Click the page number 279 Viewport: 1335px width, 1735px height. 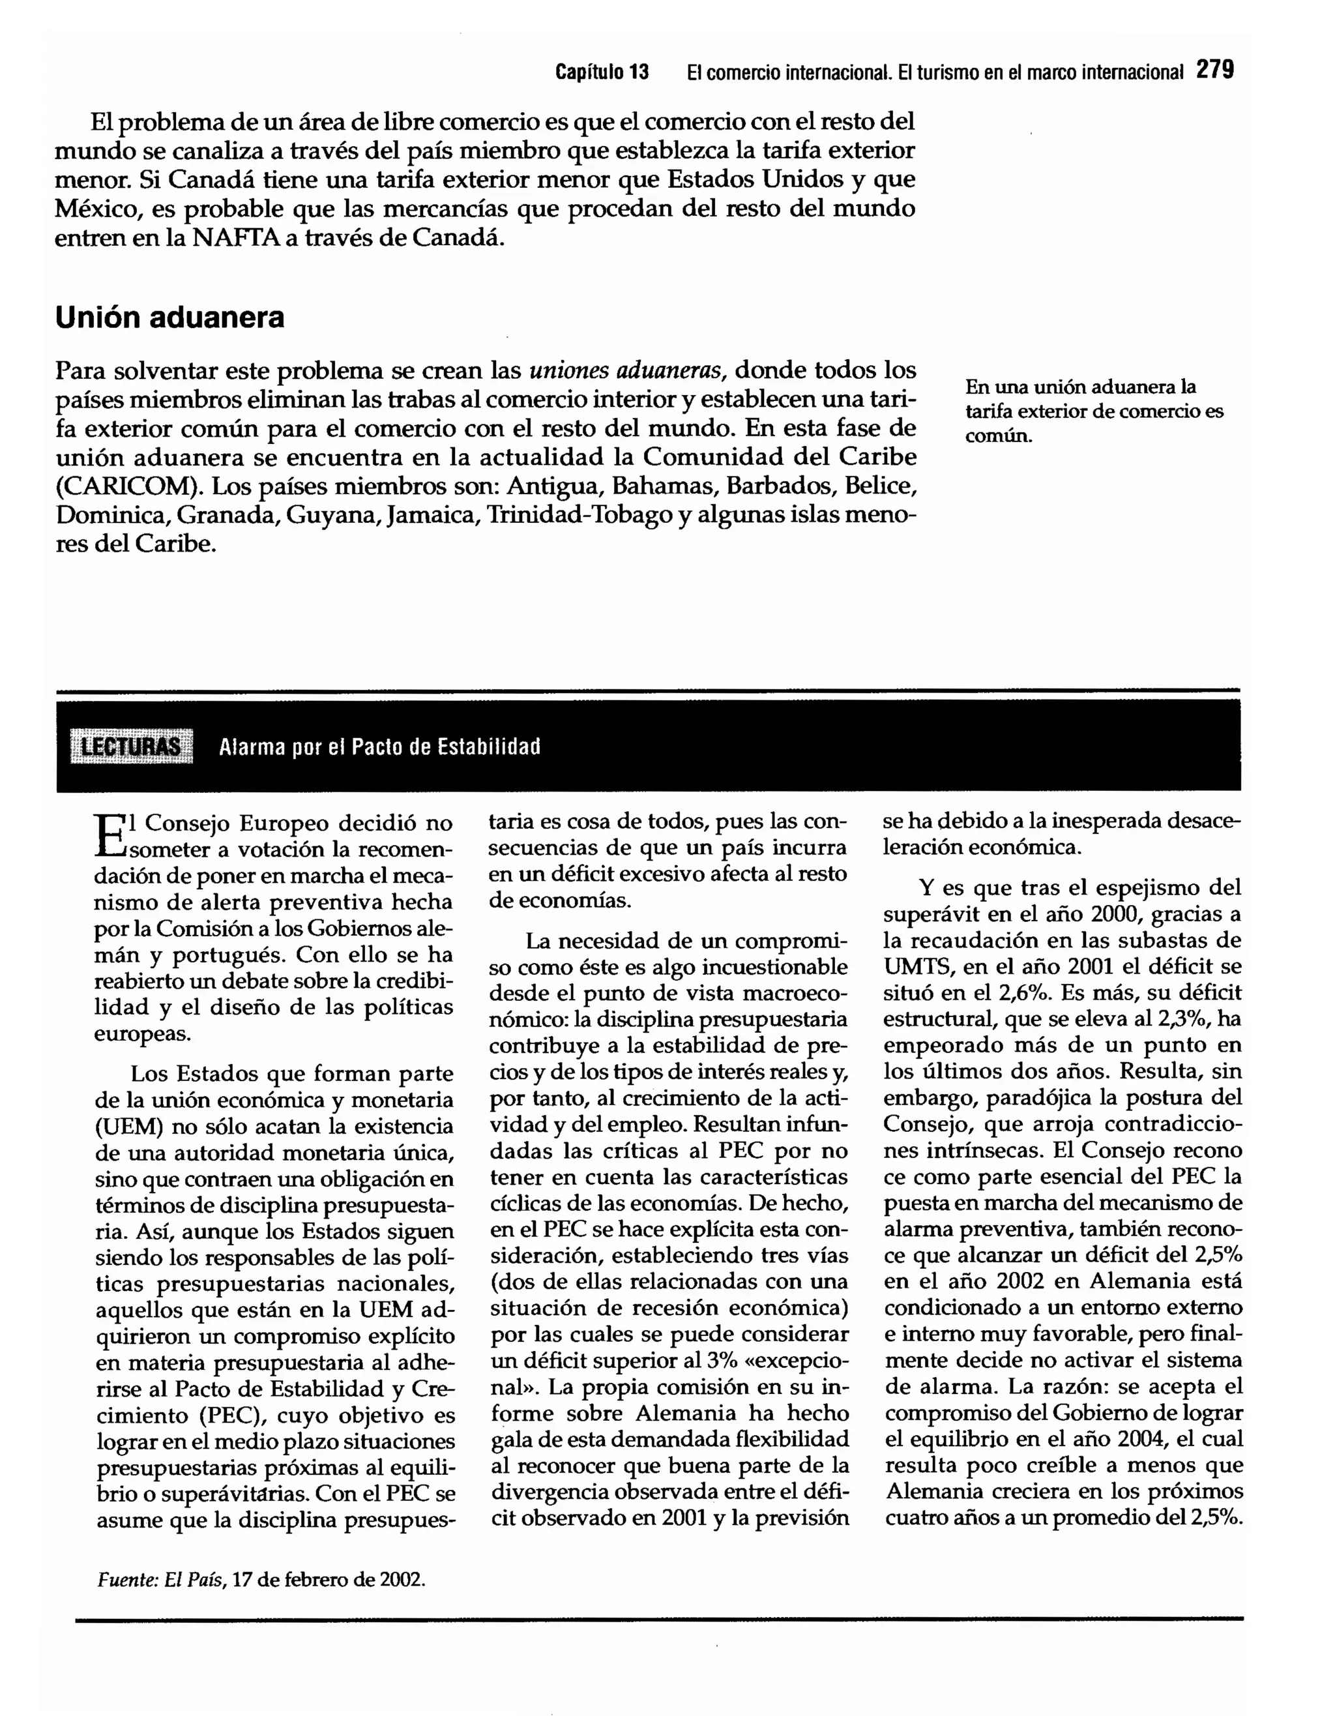pos(1215,70)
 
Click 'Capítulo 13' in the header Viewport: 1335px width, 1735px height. pos(602,72)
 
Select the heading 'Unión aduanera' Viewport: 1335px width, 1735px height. pos(169,317)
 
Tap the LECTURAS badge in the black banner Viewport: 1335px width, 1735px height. pos(132,747)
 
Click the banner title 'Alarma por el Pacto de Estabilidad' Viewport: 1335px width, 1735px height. pos(379,747)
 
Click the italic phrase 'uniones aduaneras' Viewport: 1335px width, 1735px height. pos(626,370)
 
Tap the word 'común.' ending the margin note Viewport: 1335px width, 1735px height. pos(998,436)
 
